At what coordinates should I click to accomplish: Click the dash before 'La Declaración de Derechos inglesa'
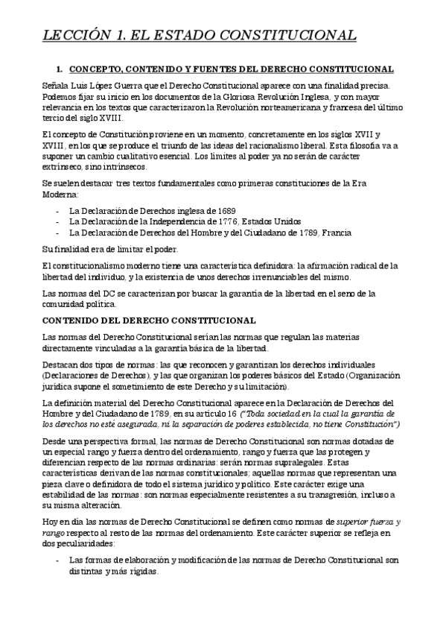[57, 211]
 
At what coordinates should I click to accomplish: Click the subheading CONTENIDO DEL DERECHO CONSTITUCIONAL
[150, 320]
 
